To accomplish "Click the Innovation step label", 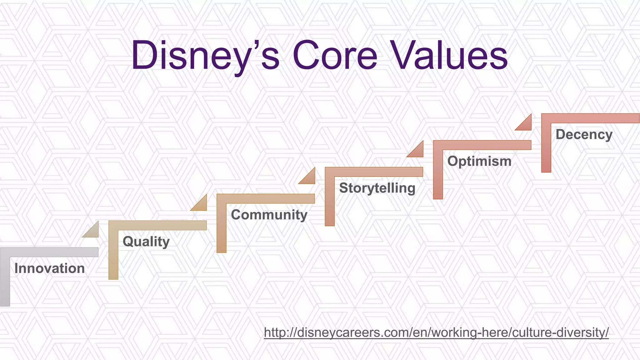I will click(49, 268).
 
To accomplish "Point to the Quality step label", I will click(146, 242).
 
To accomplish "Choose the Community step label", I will click(269, 215).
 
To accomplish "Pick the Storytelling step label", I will click(377, 188).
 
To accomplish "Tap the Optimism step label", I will click(479, 161).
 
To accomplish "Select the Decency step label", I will click(584, 134).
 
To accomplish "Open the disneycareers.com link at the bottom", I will click(436, 332).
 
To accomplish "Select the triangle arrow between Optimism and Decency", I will click(526, 124).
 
